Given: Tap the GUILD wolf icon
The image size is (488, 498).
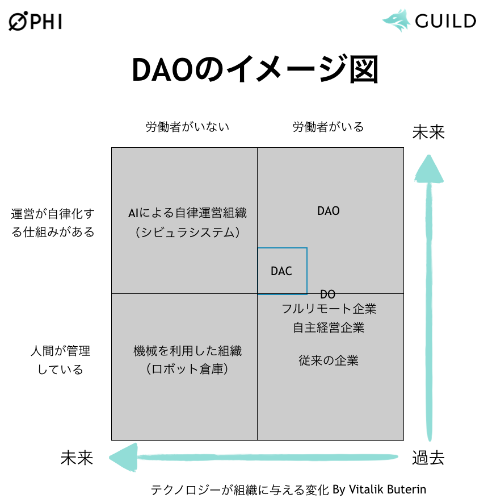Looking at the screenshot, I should (396, 20).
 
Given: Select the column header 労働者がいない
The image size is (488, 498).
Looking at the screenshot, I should (187, 127).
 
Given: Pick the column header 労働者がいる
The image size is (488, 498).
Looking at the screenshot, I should (328, 127).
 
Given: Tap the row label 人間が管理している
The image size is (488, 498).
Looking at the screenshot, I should (60, 360).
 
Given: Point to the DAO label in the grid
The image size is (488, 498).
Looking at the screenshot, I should (328, 211).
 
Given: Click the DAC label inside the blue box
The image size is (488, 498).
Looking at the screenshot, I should (281, 272).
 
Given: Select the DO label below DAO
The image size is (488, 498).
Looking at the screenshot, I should (327, 294).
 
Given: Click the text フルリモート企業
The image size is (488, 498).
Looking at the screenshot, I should (329, 309).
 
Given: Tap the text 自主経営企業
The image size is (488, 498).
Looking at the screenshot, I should (329, 327).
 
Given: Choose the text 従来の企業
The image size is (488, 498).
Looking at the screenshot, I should (329, 360).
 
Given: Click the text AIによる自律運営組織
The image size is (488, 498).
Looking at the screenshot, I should (187, 213).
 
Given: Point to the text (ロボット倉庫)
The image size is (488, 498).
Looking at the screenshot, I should (187, 370).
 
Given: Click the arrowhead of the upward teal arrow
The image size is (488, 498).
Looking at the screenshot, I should (428, 167).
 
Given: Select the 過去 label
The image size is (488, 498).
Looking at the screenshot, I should (428, 458).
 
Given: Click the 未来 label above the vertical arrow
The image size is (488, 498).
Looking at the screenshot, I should (428, 132).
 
